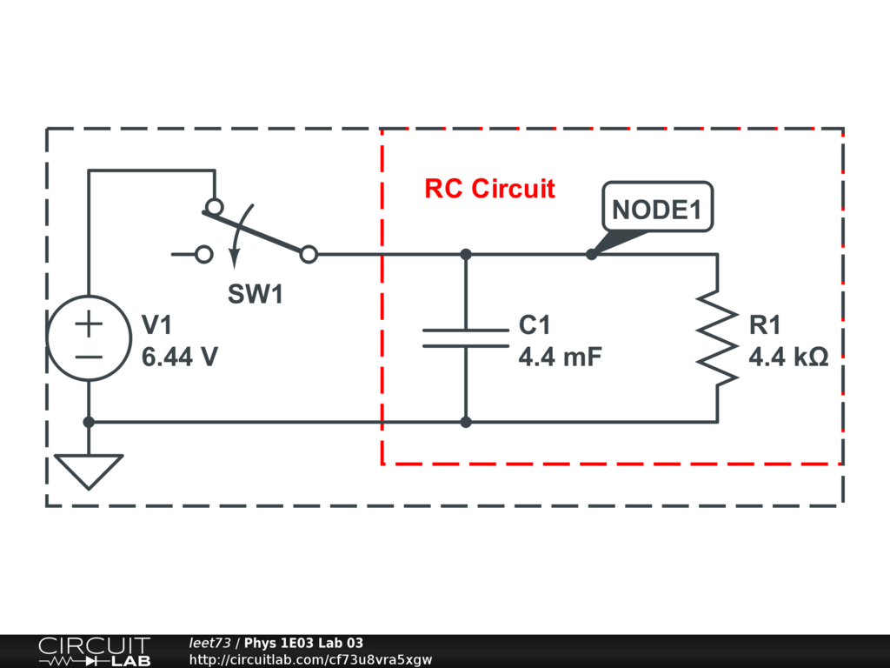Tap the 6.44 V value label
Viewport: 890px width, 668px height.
(x=179, y=357)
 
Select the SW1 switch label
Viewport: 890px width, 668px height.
(x=255, y=294)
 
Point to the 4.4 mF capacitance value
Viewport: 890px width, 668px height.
(x=561, y=357)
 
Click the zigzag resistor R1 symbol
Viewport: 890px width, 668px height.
(x=717, y=338)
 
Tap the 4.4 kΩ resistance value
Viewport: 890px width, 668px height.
(x=788, y=357)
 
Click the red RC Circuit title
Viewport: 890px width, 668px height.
(x=490, y=189)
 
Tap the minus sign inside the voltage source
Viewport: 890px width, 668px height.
(x=89, y=357)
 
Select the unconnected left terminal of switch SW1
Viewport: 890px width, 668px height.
(x=203, y=255)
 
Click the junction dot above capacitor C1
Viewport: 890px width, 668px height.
(x=466, y=255)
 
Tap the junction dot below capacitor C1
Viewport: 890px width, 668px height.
(x=466, y=422)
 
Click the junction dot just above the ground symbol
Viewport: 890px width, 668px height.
(x=89, y=422)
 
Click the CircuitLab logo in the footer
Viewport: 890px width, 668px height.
(x=95, y=651)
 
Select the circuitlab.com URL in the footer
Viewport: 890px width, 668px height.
(x=310, y=659)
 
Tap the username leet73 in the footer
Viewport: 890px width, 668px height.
(x=210, y=643)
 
